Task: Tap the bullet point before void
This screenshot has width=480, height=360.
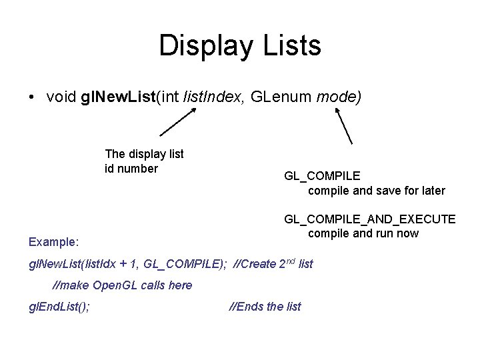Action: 31,97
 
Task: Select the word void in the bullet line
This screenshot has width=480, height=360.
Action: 61,97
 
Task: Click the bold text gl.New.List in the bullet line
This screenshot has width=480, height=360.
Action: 117,97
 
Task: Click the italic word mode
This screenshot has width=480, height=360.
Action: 338,97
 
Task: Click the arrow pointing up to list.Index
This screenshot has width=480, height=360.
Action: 178,121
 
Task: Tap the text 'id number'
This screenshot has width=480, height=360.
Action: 131,169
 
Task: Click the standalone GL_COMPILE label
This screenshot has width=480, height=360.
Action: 322,176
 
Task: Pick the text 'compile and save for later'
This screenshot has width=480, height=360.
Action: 376,191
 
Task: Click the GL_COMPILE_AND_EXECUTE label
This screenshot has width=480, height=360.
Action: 370,219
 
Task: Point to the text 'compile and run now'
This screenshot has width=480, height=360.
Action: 363,233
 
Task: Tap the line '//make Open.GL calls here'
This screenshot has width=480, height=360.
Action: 122,285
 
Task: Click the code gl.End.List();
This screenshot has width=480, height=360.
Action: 59,307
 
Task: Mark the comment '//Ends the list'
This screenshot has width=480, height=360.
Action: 265,307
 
